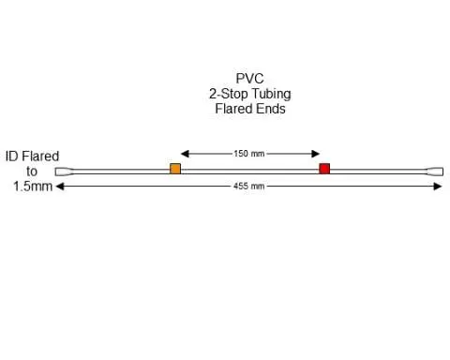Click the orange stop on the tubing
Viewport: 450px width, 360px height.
(x=175, y=169)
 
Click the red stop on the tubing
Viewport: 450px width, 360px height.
(x=324, y=169)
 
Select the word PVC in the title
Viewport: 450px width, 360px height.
(x=249, y=80)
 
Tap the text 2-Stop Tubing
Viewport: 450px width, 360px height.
(x=249, y=94)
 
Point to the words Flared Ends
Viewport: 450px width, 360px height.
(x=249, y=109)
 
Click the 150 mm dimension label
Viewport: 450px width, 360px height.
(x=249, y=153)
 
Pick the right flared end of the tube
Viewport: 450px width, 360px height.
(x=434, y=172)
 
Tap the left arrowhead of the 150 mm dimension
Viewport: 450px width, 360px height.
(x=185, y=153)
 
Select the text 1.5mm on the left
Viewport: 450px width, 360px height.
(x=32, y=187)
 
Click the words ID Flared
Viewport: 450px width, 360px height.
(x=32, y=157)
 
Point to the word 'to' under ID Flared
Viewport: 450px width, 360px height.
(x=32, y=172)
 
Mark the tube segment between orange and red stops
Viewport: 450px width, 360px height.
(x=249, y=172)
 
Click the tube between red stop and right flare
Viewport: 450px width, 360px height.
(x=379, y=172)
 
